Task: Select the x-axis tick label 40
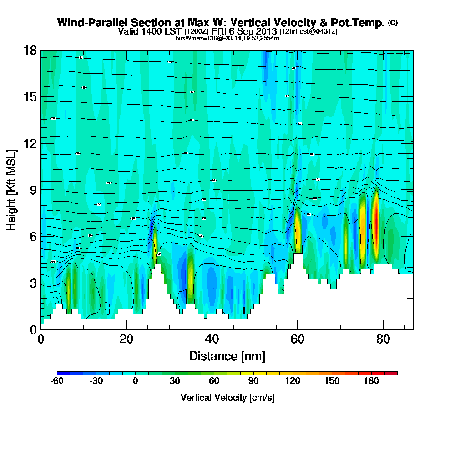pos(212,339)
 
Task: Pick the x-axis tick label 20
pos(126,339)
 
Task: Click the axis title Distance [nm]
pos(227,355)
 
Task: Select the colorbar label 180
pos(371,381)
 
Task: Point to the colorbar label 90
pos(253,381)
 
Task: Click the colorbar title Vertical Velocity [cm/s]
pos(227,398)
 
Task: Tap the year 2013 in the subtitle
pos(266,31)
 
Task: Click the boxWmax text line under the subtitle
pos(227,38)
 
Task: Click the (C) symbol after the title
pos(393,22)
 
